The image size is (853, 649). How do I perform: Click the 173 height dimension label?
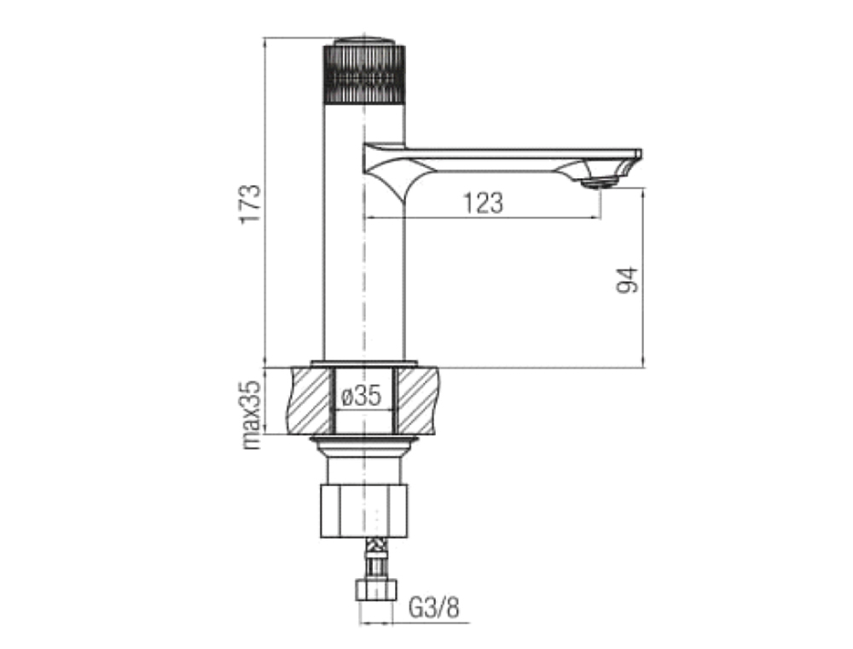(x=252, y=204)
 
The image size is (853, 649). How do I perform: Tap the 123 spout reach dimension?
(x=483, y=204)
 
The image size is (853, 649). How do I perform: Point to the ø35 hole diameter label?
(x=361, y=396)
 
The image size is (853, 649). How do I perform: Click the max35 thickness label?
(x=252, y=414)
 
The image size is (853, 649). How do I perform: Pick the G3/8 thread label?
(x=434, y=607)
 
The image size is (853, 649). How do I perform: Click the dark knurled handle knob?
(x=364, y=75)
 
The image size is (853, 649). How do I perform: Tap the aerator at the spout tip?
(x=600, y=183)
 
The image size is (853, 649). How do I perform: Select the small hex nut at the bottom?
(x=376, y=590)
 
